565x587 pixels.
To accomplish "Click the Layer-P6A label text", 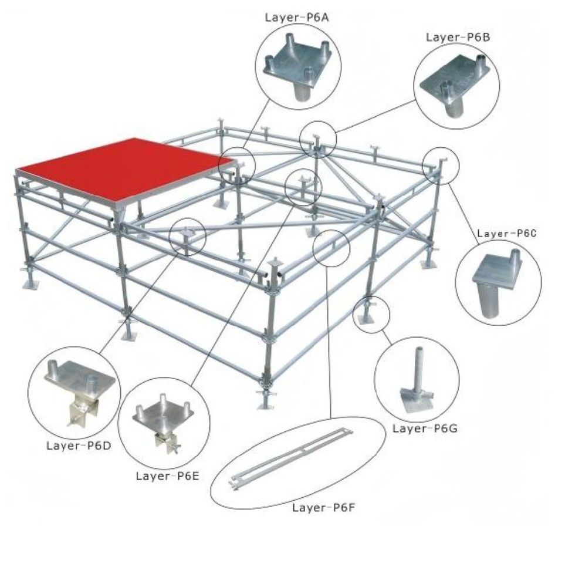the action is point(297,18).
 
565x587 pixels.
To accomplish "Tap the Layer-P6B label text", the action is point(458,38).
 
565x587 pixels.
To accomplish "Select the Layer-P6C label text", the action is point(507,234).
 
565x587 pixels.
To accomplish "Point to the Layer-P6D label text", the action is point(79,446).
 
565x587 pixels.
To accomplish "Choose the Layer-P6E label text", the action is point(168,476).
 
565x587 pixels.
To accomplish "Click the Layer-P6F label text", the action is point(324,508).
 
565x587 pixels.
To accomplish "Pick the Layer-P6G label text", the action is point(425,429).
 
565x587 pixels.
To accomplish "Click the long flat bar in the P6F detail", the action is point(291,459).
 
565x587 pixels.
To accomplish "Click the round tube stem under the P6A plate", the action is point(302,91).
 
